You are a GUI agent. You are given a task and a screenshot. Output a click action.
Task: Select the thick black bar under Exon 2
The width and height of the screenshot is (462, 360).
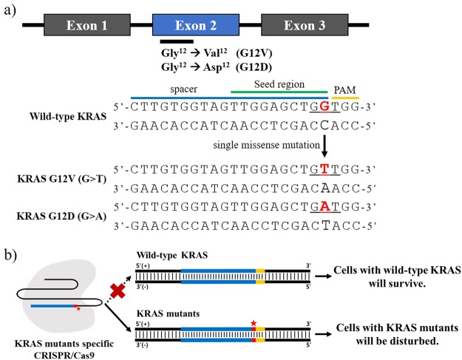tap(177, 42)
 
